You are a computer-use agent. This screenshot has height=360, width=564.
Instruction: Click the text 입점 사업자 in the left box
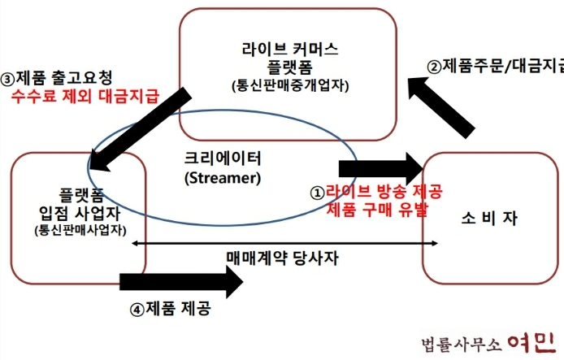click(x=78, y=214)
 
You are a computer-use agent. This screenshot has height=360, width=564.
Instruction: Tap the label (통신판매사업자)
click(x=78, y=231)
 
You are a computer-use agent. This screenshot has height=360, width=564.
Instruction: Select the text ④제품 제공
click(x=175, y=309)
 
